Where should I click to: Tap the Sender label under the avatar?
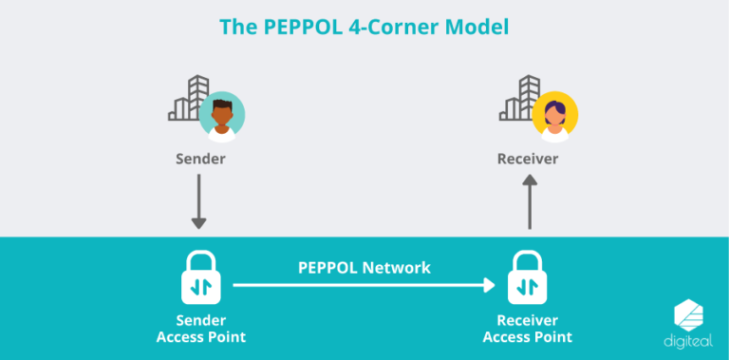(200, 159)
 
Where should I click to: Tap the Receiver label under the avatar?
(528, 159)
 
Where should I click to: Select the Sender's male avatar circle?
(223, 115)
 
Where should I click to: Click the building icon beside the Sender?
(188, 100)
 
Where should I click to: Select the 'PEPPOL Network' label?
(364, 268)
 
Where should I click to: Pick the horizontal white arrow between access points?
(364, 285)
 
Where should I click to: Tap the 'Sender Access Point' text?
(200, 329)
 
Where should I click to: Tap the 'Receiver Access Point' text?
(528, 329)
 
